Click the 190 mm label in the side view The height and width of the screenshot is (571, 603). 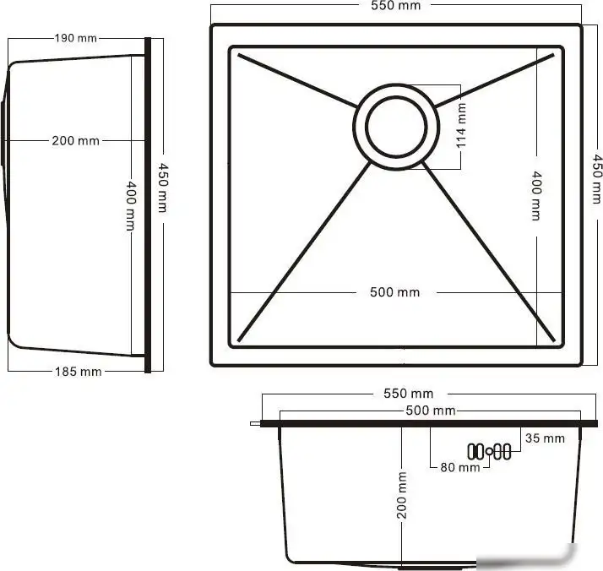point(76,38)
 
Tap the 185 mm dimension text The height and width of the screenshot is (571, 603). point(79,371)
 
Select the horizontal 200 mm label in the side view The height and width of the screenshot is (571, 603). point(75,140)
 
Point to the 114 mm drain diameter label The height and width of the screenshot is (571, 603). point(461,125)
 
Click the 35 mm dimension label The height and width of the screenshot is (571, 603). point(545,438)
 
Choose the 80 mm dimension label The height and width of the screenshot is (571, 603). point(460,467)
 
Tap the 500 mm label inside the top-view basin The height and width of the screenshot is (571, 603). point(394,292)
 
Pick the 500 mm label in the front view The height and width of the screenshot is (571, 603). point(431,411)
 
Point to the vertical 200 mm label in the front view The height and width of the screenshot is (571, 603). point(402,495)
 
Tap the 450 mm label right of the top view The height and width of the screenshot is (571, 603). point(596,177)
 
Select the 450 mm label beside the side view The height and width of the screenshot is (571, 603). point(161,188)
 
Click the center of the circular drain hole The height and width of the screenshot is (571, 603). point(395,126)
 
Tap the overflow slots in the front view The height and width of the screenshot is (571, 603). point(491,451)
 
